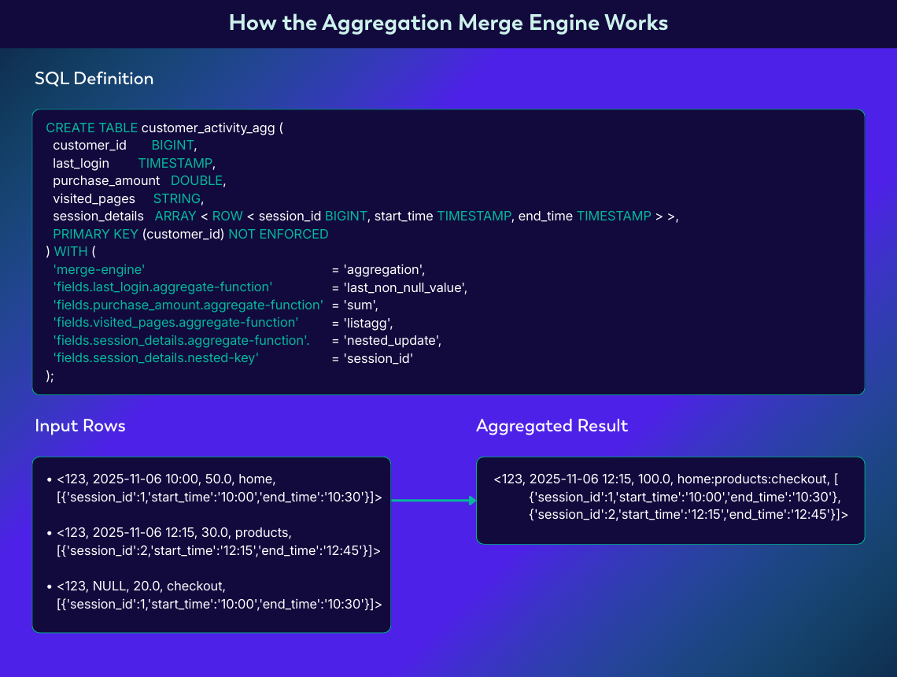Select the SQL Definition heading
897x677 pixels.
tap(94, 79)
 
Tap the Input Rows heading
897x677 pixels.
tap(79, 426)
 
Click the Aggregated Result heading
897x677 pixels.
tap(552, 426)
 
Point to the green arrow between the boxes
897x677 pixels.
tap(434, 500)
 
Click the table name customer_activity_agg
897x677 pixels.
tap(208, 128)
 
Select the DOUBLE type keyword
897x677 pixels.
tap(197, 180)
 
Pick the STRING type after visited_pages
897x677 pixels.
tap(177, 198)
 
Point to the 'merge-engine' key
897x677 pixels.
tap(98, 269)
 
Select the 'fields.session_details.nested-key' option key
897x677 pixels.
tap(156, 358)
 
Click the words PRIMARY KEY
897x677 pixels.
tap(95, 234)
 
